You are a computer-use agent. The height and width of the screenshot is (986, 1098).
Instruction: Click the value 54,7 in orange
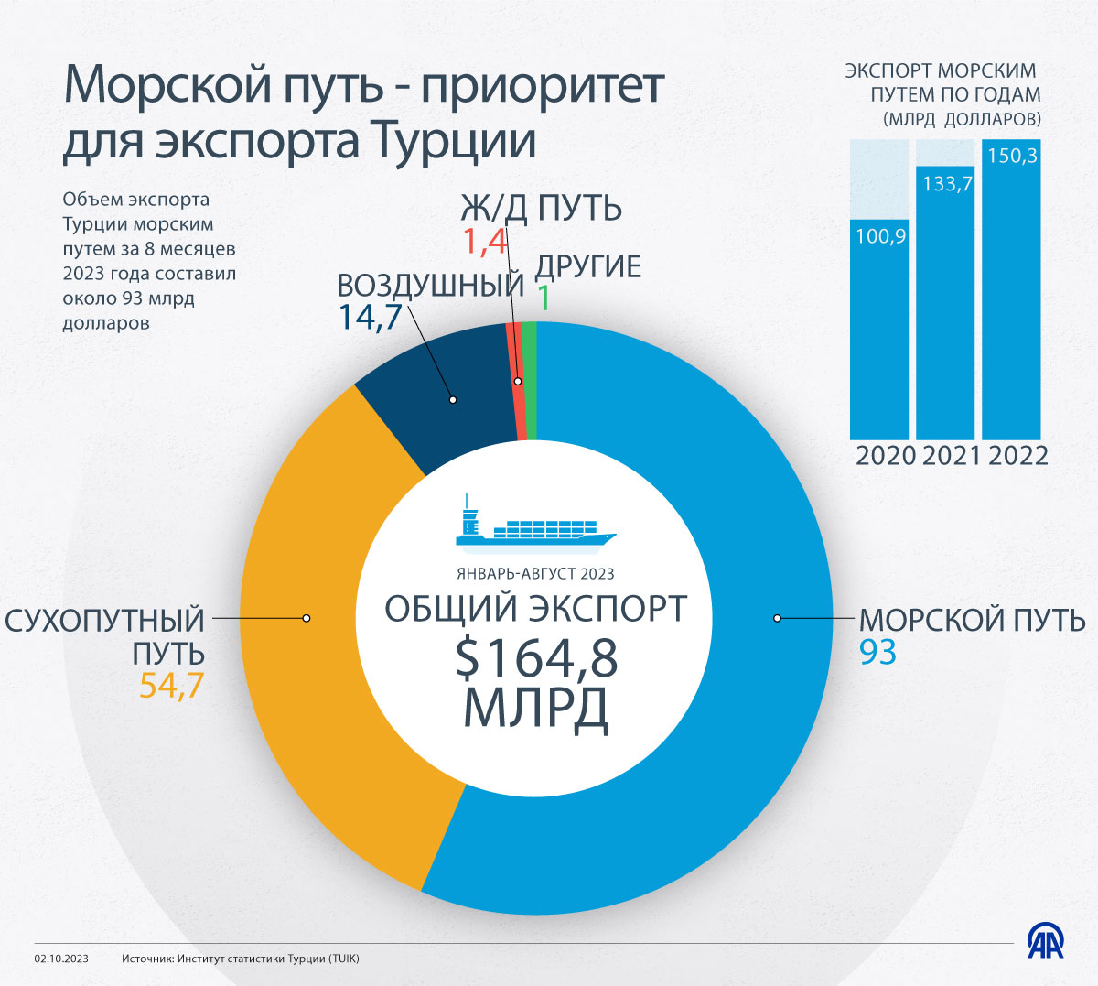tap(171, 686)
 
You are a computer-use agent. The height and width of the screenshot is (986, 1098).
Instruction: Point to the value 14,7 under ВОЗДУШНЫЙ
tap(371, 317)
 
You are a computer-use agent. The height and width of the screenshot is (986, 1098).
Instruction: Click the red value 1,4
tap(484, 243)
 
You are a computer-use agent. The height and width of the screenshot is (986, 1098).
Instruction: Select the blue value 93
tap(877, 653)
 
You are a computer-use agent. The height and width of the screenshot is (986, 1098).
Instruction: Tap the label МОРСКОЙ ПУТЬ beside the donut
tap(972, 620)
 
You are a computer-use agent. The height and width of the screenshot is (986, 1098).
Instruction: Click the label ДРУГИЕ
tap(587, 267)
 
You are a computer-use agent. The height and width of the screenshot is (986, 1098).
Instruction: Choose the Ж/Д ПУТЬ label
tap(542, 209)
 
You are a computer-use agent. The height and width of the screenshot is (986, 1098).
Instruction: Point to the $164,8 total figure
tap(536, 658)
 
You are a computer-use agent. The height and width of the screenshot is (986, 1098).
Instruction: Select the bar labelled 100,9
tap(879, 330)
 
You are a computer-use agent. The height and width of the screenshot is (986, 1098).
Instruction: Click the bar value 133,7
tap(947, 184)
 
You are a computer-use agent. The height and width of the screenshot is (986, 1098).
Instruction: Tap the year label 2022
tap(1017, 456)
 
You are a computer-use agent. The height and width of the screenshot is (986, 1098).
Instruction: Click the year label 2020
tap(885, 456)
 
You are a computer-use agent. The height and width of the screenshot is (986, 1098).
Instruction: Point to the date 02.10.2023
tap(61, 959)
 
